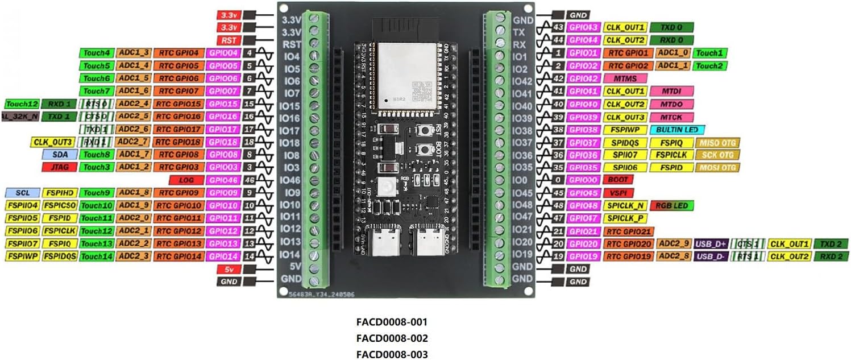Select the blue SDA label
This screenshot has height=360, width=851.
click(59, 154)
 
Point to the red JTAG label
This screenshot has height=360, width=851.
click(59, 167)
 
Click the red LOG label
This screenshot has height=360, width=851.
click(187, 180)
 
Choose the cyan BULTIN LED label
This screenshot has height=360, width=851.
click(680, 130)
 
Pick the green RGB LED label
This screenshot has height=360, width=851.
click(673, 205)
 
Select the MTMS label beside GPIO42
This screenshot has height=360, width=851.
click(625, 78)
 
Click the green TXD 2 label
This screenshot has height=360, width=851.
click(832, 243)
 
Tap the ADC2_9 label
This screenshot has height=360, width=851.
click(674, 243)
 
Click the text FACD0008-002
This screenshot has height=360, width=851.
click(392, 338)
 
